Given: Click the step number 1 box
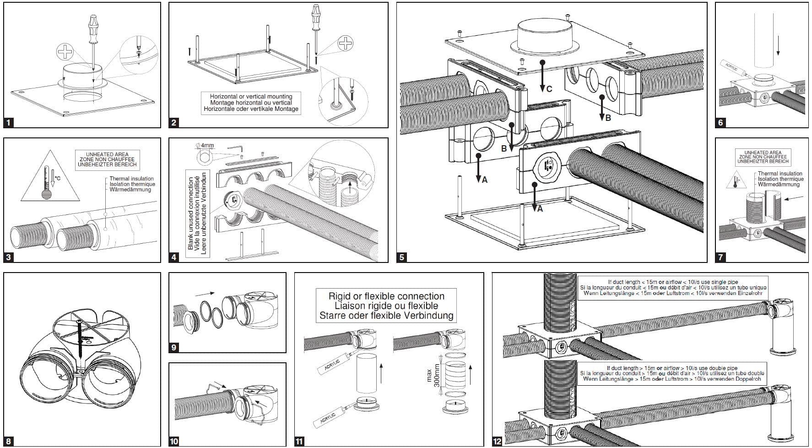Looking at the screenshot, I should point(9,122).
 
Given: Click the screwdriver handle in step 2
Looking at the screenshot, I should point(315,16).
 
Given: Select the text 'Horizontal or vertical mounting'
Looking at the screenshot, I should point(251,97).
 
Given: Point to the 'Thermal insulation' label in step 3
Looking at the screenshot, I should point(131,179).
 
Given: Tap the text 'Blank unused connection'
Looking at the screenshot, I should point(191,213).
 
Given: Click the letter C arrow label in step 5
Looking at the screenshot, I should point(549,89).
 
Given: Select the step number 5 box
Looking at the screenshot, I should point(401,257).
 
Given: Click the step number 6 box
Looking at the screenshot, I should point(720,122).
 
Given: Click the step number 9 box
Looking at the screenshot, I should point(173,348).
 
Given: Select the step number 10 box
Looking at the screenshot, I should point(174,441).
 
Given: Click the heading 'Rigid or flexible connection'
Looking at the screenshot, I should point(386,296).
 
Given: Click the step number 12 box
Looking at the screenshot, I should point(497,441).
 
